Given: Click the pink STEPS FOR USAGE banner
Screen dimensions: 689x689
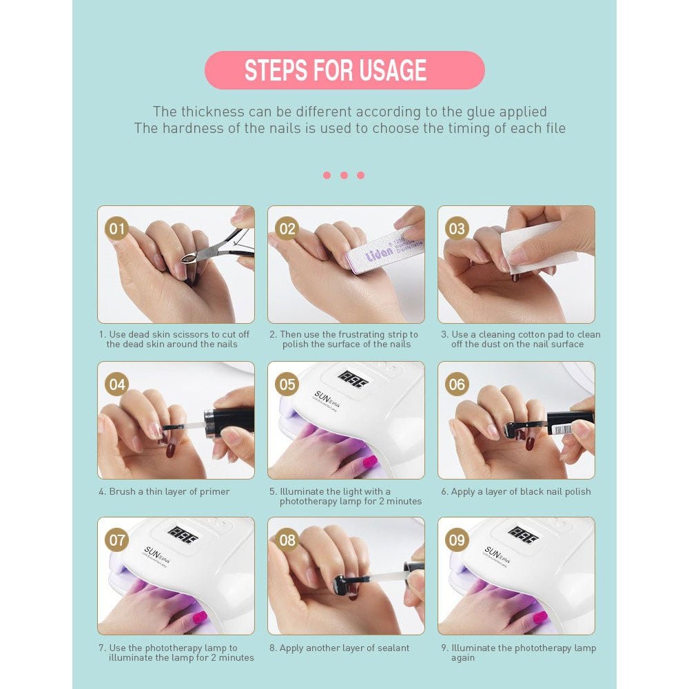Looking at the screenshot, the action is pos(344,70).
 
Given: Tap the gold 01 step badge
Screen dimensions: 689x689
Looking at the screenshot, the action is pos(117,229).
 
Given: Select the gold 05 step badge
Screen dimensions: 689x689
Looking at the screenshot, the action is pos(287,384).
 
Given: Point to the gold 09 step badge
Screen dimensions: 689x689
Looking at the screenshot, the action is pos(457,540).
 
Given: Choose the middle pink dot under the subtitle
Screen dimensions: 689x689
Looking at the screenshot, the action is pos(344,175).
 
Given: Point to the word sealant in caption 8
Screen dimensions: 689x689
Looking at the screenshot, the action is pos(392,648).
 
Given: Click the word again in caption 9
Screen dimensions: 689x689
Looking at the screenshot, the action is pos(463,658).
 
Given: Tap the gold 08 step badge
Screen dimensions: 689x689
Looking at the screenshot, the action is pos(287,540).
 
